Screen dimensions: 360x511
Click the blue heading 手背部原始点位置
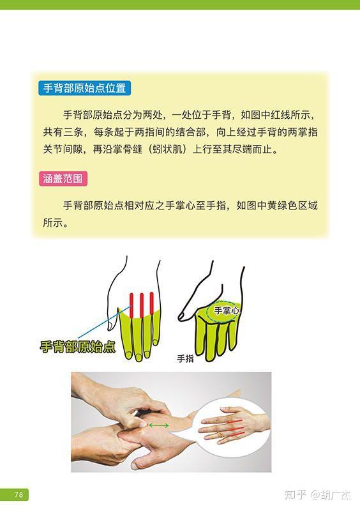[x=84, y=88]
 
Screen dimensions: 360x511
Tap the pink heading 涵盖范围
[x=63, y=179]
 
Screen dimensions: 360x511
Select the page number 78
[x=19, y=494]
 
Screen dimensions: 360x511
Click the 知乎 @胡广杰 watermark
[x=318, y=494]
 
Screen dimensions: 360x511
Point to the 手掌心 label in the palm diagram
[x=227, y=310]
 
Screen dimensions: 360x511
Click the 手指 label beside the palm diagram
[x=185, y=359]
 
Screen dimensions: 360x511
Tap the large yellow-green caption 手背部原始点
[x=78, y=347]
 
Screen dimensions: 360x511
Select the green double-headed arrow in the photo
[x=159, y=425]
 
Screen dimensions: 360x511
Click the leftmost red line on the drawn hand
[x=131, y=305]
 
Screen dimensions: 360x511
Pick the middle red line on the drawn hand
[x=142, y=305]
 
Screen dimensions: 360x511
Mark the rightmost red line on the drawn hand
[x=152, y=304]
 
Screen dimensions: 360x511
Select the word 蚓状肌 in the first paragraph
[x=167, y=149]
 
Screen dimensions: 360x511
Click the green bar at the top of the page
[x=180, y=4]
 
